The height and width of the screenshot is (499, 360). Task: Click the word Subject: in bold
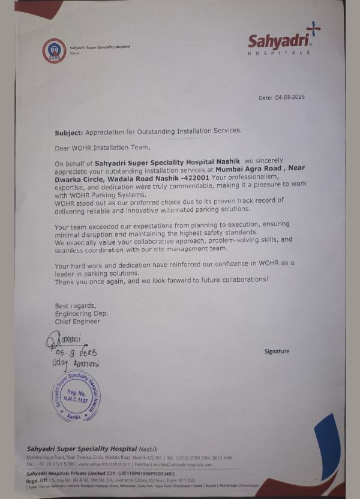(69, 131)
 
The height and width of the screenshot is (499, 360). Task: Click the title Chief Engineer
(78, 321)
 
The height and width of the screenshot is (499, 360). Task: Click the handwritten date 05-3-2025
(77, 353)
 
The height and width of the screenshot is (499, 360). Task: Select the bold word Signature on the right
(277, 351)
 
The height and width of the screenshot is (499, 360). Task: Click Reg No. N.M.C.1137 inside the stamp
(75, 395)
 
